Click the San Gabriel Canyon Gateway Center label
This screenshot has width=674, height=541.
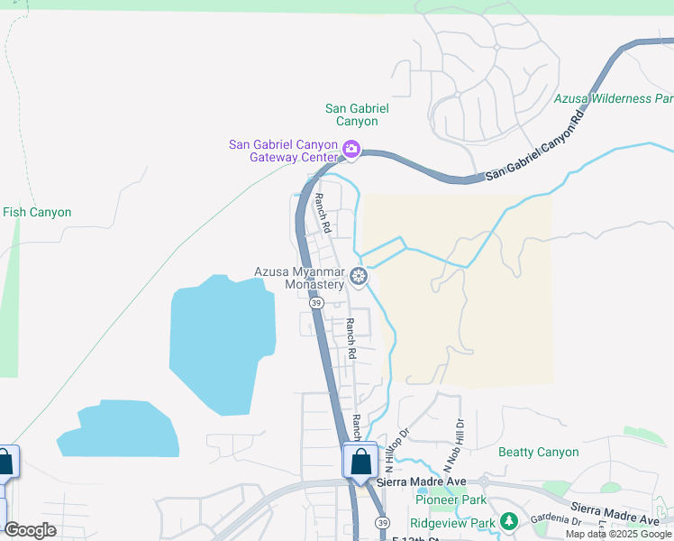pyautogui.click(x=283, y=151)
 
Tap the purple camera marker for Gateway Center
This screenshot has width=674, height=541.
pyautogui.click(x=351, y=150)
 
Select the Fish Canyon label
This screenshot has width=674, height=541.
pyautogui.click(x=37, y=213)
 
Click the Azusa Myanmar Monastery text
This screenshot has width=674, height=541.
pyautogui.click(x=299, y=278)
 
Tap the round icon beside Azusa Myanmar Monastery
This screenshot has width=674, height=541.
pyautogui.click(x=359, y=276)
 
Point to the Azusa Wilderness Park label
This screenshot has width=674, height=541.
pyautogui.click(x=614, y=98)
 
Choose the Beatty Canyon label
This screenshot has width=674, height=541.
pyautogui.click(x=539, y=452)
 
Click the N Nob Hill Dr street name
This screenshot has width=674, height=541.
pyautogui.click(x=460, y=442)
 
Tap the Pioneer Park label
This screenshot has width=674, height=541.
pyautogui.click(x=451, y=500)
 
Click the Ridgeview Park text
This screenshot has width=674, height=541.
pyautogui.click(x=452, y=522)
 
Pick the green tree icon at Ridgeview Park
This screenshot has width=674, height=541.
pyautogui.click(x=509, y=521)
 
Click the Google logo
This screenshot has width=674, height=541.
pyautogui.click(x=30, y=530)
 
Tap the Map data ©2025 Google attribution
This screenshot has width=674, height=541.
pyautogui.click(x=618, y=534)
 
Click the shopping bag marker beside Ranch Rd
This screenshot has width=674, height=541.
pyautogui.click(x=360, y=461)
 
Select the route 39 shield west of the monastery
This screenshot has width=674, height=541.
pyautogui.click(x=316, y=304)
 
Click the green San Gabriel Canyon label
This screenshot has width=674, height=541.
pyautogui.click(x=357, y=115)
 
